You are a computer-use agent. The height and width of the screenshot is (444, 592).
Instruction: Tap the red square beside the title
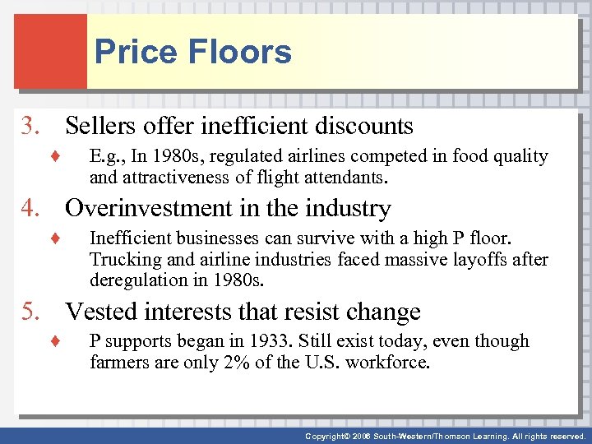click(50, 51)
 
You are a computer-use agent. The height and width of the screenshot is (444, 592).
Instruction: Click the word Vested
click(104, 312)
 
